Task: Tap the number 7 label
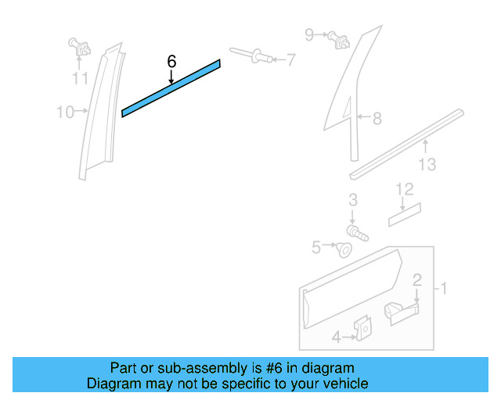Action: pos(290,59)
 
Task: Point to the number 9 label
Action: pos(309,34)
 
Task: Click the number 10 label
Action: pos(64,113)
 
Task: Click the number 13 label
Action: pos(427,165)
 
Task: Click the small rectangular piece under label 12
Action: pos(405,215)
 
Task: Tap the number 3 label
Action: pos(353,200)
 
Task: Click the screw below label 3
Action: pos(357,232)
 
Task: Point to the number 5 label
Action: pos(316,248)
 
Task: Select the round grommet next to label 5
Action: pos(343,249)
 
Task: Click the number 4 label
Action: pos(336,337)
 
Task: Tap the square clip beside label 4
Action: pos(362,330)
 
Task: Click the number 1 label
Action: pos(443,289)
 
